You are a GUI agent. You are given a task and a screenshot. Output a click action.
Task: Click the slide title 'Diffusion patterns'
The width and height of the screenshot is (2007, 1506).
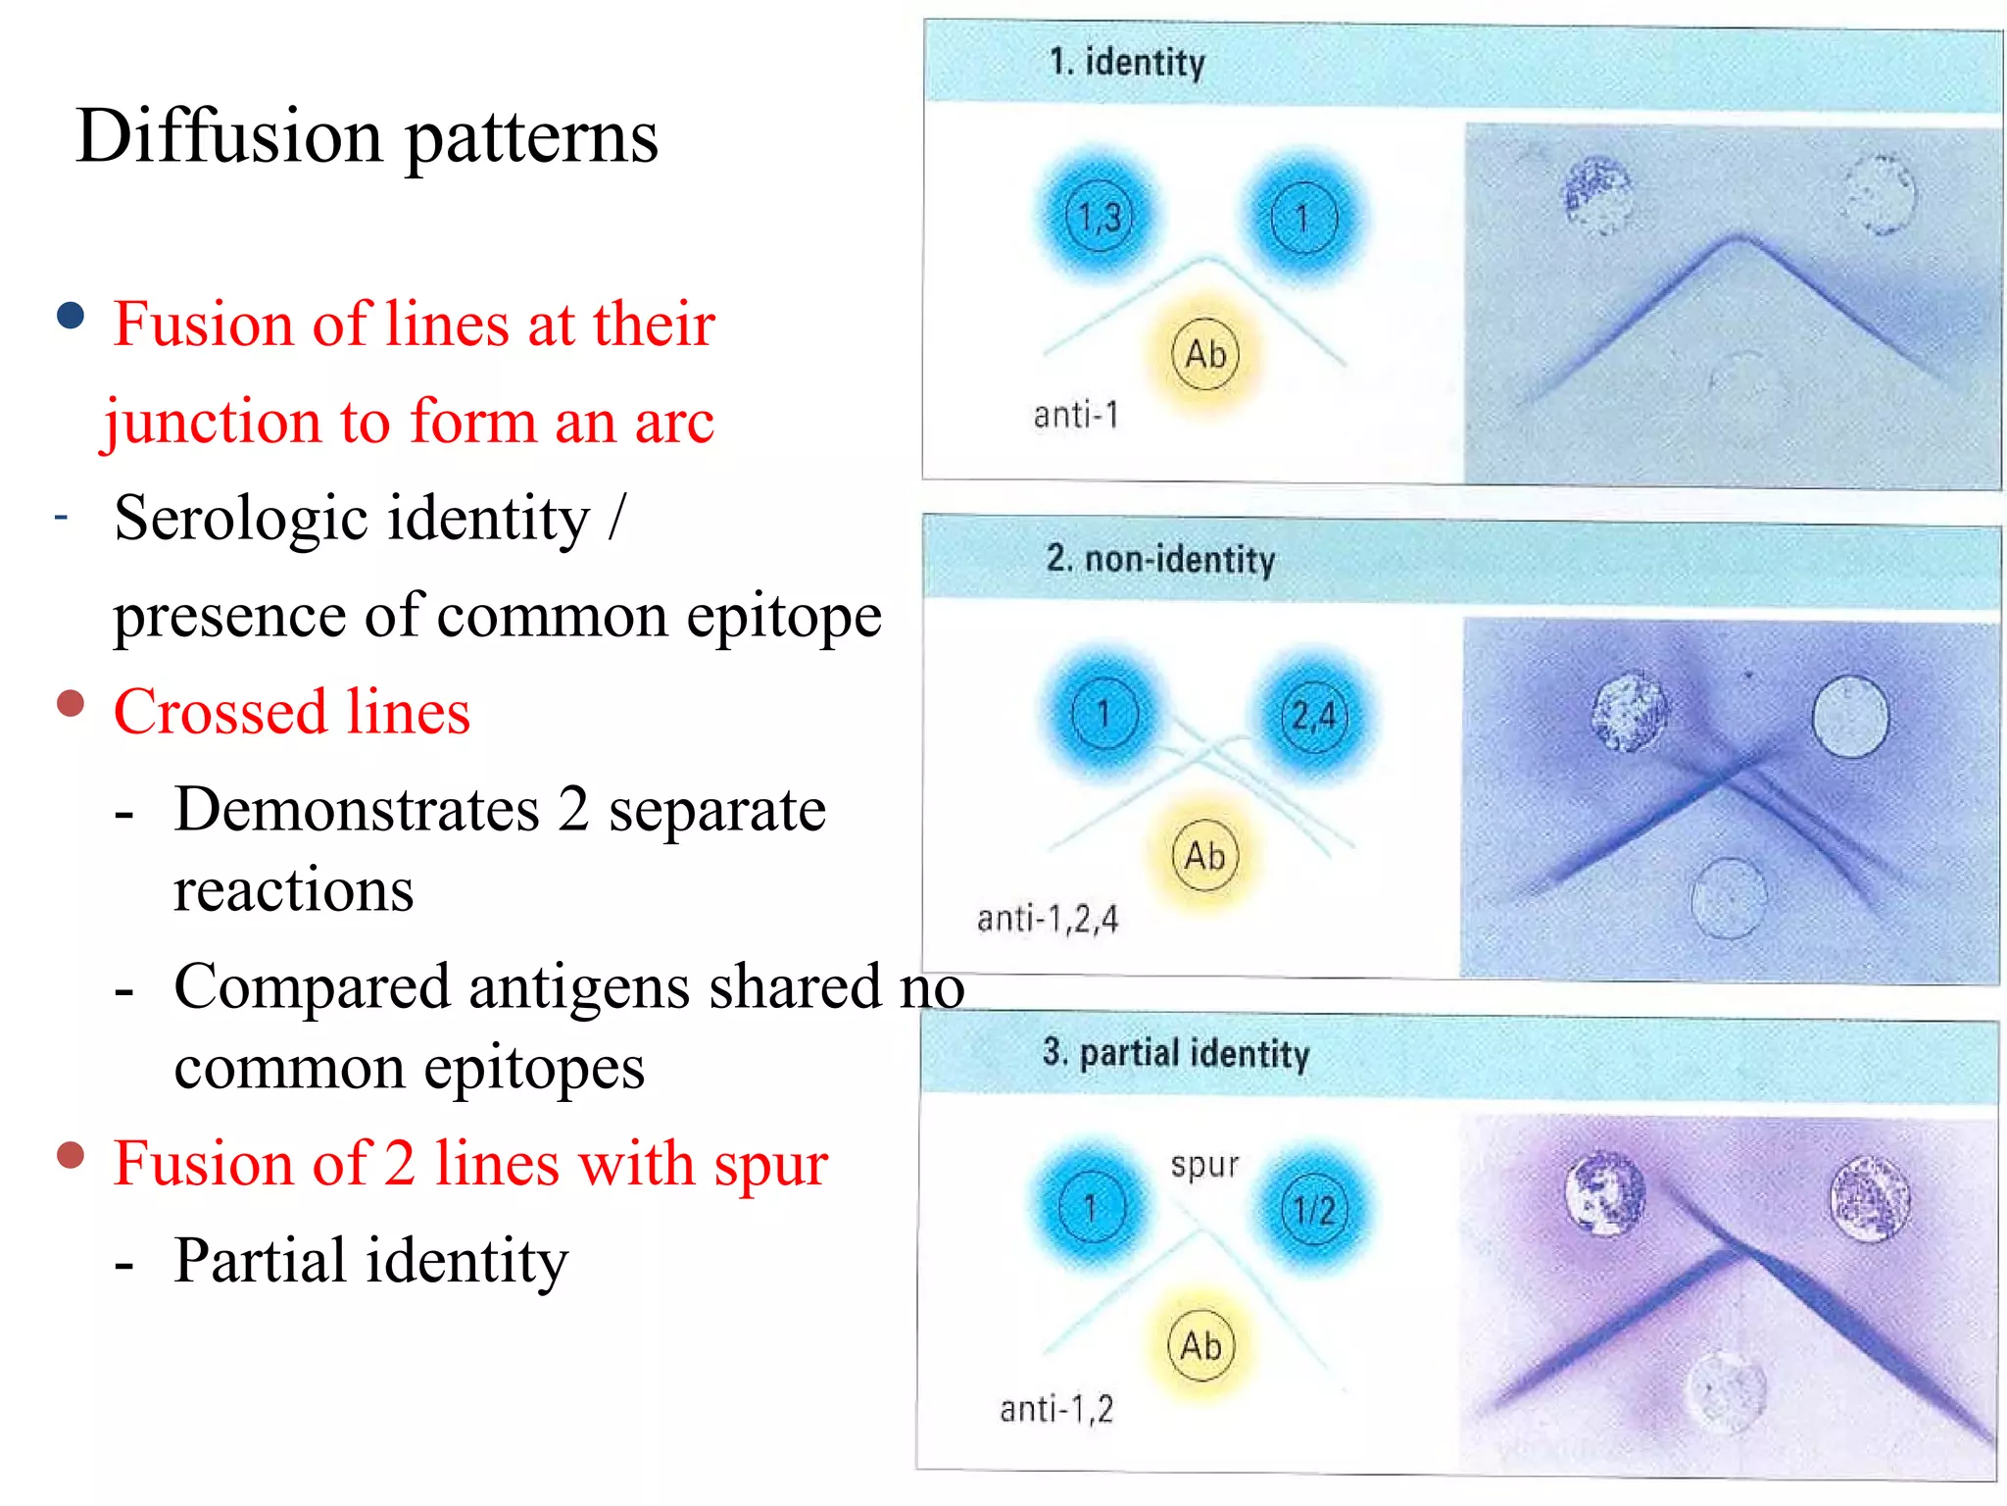[x=367, y=137]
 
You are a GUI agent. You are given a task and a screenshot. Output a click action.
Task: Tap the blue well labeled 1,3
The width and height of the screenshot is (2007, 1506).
[x=1099, y=217]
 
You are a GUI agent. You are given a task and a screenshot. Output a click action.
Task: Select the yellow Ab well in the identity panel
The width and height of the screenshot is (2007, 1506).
[x=1205, y=354]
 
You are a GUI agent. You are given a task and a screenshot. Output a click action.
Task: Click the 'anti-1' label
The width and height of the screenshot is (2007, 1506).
[x=1075, y=416]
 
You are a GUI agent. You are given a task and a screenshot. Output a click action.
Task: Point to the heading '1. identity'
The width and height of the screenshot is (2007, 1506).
[x=1127, y=63]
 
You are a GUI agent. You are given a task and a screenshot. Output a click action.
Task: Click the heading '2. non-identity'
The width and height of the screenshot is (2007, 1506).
[x=1160, y=560]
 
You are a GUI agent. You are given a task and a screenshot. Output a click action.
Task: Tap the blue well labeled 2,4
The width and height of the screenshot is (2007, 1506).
[x=1313, y=716]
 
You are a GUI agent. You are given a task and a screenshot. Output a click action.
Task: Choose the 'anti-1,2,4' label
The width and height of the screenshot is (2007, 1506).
[x=1047, y=919]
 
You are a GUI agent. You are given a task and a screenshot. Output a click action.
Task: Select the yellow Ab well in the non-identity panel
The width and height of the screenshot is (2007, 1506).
[x=1204, y=855]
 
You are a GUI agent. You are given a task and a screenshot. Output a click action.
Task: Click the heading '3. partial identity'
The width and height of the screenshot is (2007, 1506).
[x=1175, y=1053]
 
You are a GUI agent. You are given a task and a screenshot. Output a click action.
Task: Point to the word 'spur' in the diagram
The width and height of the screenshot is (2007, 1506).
[x=1204, y=1166]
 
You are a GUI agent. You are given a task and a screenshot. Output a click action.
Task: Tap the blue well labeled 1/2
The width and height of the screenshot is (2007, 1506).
[x=1313, y=1210]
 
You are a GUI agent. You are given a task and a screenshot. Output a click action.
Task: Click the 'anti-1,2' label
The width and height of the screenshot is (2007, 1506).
[x=1056, y=1409]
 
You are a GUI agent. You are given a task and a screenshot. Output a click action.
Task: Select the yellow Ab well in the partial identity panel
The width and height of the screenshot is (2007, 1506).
[x=1200, y=1345]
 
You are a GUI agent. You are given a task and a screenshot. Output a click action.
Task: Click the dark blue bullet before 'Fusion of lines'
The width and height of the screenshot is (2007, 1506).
[x=71, y=316]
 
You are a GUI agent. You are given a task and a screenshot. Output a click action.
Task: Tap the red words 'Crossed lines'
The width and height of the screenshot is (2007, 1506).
[x=292, y=712]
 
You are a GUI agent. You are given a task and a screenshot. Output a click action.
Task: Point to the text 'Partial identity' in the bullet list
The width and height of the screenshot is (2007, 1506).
[x=370, y=1261]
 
